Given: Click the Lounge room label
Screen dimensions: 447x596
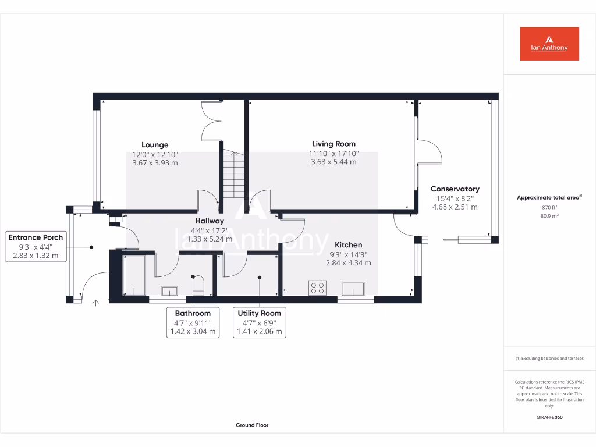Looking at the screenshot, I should point(155,145).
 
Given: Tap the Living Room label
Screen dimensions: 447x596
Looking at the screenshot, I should point(334,144).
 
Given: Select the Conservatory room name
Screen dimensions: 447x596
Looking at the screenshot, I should point(455,189).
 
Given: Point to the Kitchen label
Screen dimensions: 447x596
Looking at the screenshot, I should point(348,245).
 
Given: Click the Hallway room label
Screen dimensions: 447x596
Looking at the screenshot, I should point(210,221).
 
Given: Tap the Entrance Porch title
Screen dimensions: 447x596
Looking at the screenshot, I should point(36,237).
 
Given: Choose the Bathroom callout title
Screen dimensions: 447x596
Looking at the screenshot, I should point(193,313).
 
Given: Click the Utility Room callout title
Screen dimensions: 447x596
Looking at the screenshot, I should point(260,313).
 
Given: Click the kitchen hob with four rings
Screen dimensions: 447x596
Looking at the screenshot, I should point(318,288).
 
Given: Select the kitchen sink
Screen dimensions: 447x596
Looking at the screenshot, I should point(354,289).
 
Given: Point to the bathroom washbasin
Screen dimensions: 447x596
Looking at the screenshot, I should point(171,290).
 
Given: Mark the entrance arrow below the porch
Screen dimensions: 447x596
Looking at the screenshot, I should point(95,302).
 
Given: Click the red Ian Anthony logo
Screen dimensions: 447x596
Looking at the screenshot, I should point(549,44).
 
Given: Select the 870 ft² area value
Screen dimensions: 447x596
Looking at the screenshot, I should point(549,207).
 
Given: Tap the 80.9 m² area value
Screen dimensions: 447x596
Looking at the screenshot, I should point(549,216).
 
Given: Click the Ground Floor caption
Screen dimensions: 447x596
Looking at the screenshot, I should point(252,425).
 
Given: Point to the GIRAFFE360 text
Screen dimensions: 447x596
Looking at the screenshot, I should point(549,417).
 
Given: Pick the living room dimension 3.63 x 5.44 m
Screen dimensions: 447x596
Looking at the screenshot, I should point(334,162).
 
